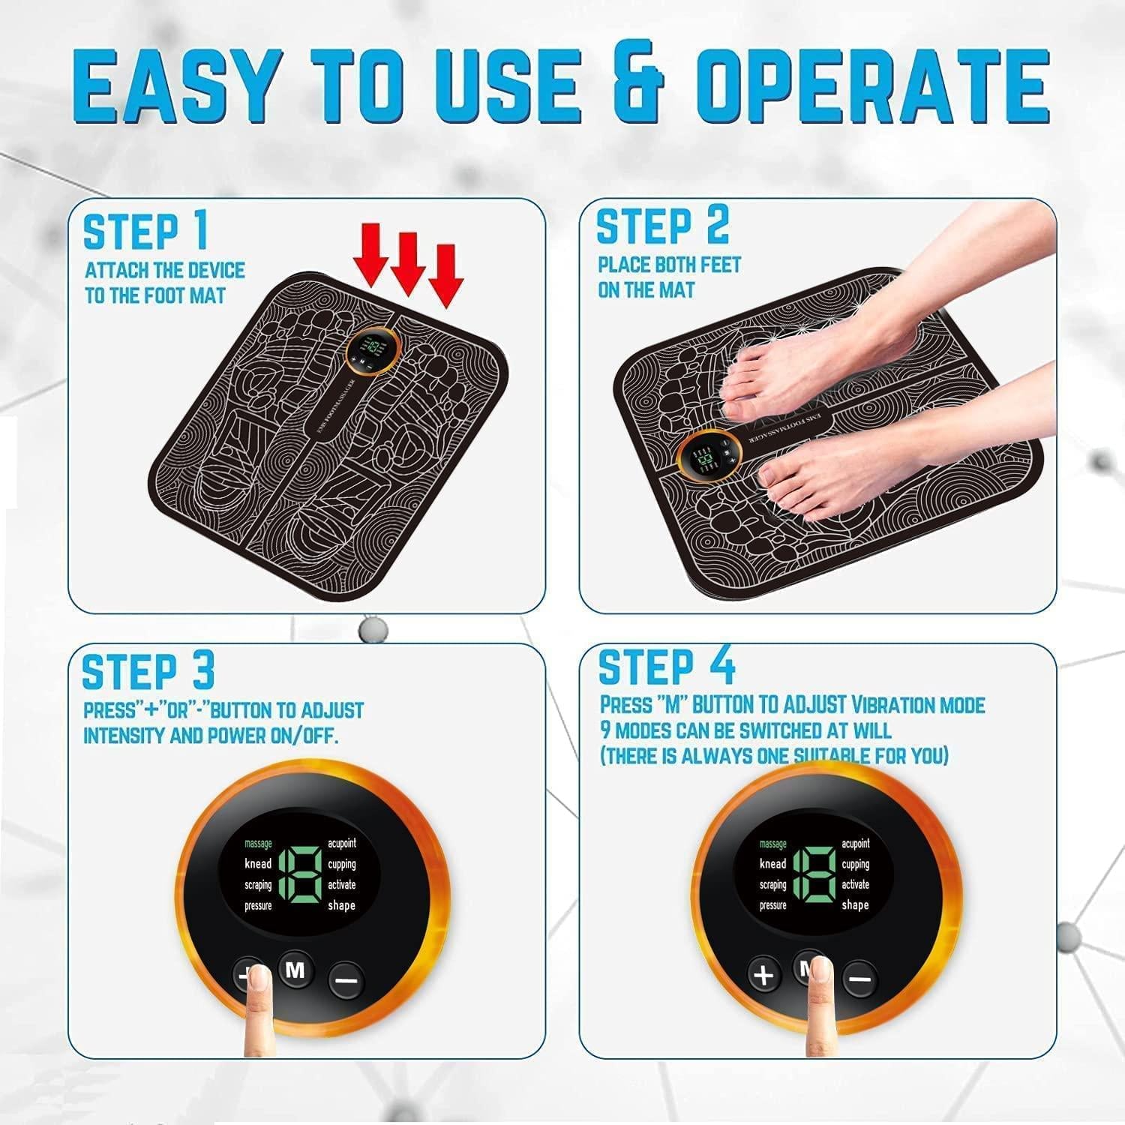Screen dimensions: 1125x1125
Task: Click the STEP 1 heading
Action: point(145,232)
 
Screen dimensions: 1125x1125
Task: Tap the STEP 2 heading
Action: point(661,226)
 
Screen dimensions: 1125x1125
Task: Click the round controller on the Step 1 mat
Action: point(370,349)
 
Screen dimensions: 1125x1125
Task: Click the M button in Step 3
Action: point(295,971)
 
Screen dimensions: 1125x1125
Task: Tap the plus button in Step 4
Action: point(763,976)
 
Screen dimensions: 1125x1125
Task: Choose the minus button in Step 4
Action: point(860,979)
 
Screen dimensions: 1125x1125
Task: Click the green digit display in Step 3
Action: point(300,874)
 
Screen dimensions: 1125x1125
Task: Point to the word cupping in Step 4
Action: point(855,864)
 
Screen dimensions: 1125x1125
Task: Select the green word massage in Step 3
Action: point(258,844)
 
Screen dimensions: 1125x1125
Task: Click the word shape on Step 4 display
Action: point(855,905)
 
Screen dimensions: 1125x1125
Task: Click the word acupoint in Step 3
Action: point(341,844)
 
